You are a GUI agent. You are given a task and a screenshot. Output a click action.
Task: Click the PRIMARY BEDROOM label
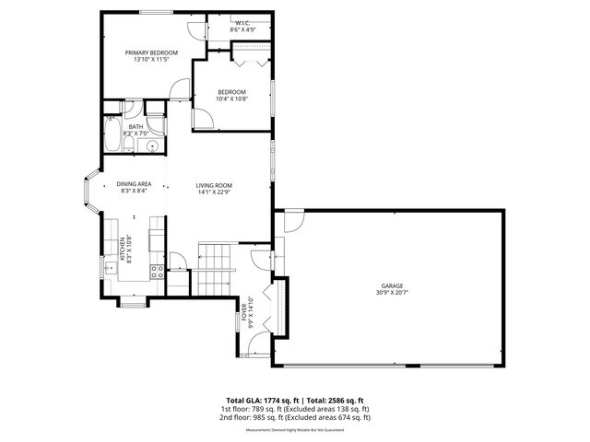point(151,53)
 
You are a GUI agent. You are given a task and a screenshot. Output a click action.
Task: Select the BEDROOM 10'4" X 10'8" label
point(231,91)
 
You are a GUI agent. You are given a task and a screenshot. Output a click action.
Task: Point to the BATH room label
point(136,127)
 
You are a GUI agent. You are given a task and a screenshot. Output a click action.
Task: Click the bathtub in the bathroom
point(112,139)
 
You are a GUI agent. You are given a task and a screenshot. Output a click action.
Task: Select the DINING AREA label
point(135,183)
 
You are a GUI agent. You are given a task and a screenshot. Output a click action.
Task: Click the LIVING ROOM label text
point(213,186)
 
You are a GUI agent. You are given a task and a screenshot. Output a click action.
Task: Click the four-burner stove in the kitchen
point(157,272)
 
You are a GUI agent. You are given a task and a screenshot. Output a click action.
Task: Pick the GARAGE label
point(393,285)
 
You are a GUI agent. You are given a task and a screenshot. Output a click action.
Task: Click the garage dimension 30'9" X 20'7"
point(393,293)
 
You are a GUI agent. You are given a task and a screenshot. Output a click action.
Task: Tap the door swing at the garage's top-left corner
point(293,221)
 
